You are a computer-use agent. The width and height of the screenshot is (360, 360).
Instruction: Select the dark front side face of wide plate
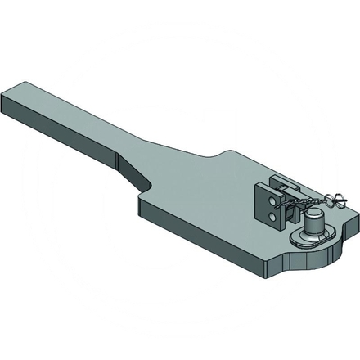point(213,245)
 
